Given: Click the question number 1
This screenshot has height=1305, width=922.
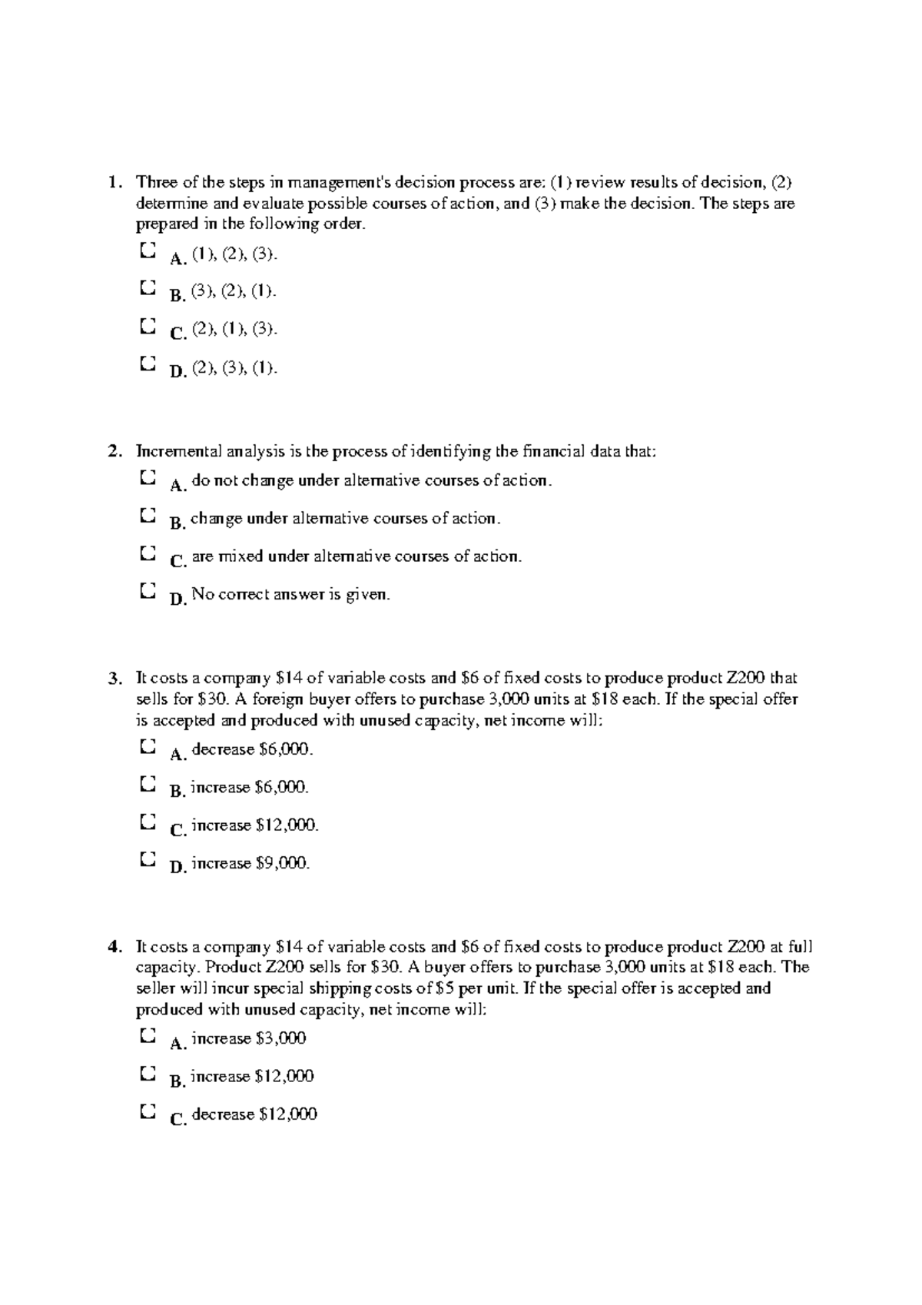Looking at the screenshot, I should coord(114,183).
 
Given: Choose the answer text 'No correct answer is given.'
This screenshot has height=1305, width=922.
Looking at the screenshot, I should coord(291,594).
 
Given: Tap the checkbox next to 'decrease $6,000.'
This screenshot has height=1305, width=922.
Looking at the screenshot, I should coord(148,745).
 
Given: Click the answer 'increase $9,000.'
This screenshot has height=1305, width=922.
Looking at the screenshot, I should coord(250,863).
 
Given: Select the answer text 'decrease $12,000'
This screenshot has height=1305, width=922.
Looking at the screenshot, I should coord(254,1114).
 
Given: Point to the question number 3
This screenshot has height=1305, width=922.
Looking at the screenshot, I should coord(114,679).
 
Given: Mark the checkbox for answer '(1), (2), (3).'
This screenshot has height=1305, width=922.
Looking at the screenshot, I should coord(148,251).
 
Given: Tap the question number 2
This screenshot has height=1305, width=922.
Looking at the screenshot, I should coord(114,452).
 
